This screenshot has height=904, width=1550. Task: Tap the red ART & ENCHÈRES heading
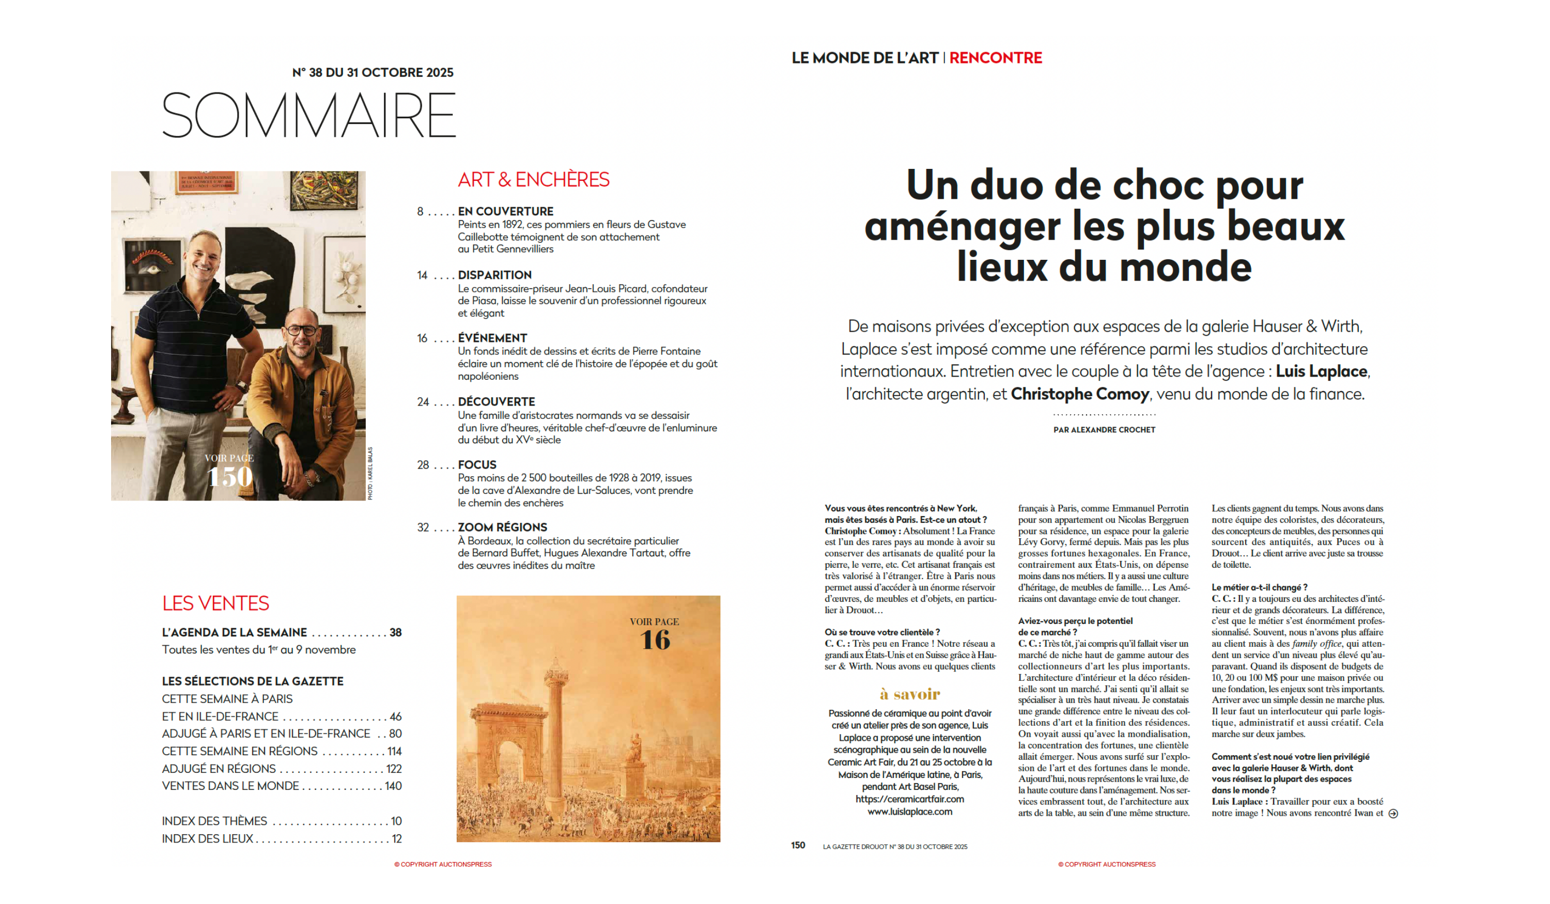(x=533, y=180)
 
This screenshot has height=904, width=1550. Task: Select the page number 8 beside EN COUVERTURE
(x=420, y=212)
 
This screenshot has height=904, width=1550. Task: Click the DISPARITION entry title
(x=494, y=275)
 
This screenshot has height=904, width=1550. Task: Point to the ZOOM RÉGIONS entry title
(x=502, y=527)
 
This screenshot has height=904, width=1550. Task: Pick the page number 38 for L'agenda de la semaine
(x=395, y=632)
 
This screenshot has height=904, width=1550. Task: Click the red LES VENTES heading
(x=215, y=603)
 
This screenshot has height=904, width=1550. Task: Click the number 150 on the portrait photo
(x=230, y=477)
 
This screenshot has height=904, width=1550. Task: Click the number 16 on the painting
(x=655, y=640)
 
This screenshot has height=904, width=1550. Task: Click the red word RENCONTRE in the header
(x=995, y=58)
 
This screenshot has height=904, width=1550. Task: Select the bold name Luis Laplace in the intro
(x=1321, y=371)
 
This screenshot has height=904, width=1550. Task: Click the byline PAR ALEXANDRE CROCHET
(x=1104, y=430)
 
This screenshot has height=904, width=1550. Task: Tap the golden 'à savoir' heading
(x=910, y=694)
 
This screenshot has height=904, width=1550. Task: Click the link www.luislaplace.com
(x=910, y=812)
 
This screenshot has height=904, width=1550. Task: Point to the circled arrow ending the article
(x=1393, y=814)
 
